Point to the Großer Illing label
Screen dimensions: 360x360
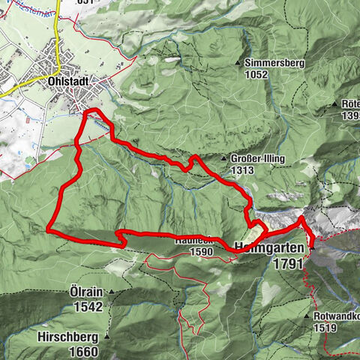tap(254, 160)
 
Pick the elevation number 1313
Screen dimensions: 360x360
tap(244, 170)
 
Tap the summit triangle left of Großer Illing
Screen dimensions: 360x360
tap(223, 159)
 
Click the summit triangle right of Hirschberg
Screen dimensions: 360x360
tap(106, 337)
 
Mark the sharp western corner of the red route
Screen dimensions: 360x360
tap(48, 228)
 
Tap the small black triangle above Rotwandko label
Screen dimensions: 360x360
tap(308, 317)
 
